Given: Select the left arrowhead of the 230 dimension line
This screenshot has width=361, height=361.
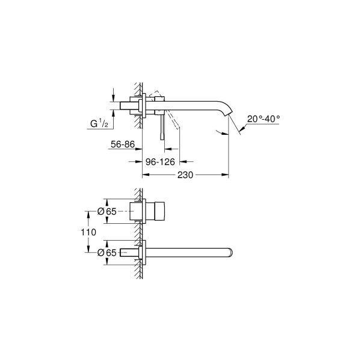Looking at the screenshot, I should [144, 176].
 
